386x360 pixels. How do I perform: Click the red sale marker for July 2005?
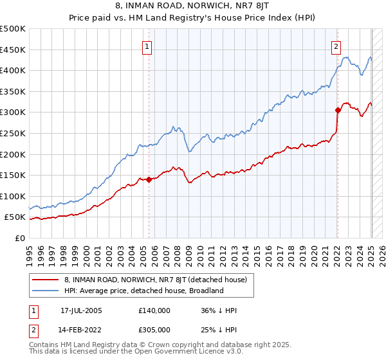point(149,179)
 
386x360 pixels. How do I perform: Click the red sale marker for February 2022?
point(338,110)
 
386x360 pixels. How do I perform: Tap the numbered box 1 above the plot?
point(147,46)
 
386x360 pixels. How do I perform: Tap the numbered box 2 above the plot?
point(336,46)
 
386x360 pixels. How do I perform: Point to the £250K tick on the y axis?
point(13,133)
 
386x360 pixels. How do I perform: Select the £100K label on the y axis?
point(13,196)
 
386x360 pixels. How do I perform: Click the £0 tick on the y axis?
point(21,238)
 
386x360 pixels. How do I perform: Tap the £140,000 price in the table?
point(154,310)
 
